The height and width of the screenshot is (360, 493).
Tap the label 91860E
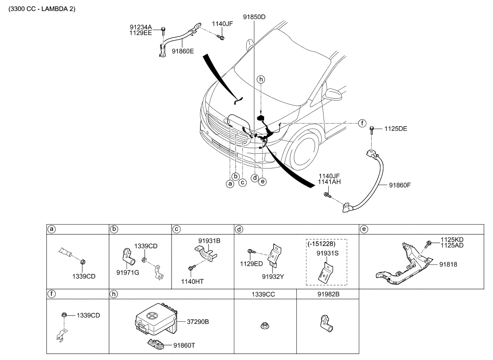coord(183,51)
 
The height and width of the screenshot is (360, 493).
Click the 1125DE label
coord(396,128)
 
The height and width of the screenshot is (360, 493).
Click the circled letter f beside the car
coord(361,123)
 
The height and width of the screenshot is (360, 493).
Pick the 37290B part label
coord(198,322)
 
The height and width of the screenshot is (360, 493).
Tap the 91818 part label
coord(448,264)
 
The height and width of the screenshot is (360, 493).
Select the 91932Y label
coord(273,276)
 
